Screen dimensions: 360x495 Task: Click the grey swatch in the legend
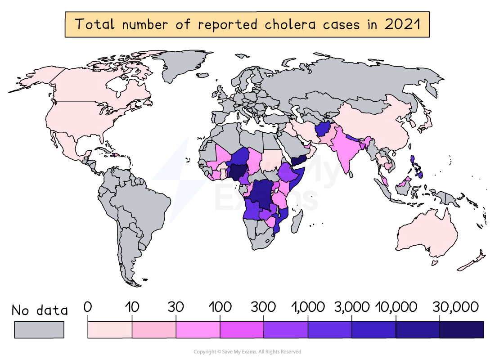[39, 329]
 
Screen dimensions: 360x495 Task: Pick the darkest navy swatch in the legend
[461, 329]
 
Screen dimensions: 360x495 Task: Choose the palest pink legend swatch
[110, 329]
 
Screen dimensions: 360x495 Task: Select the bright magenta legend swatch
[242, 329]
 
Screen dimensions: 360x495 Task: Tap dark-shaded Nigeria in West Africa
[237, 171]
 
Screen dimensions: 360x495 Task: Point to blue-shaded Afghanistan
[323, 130]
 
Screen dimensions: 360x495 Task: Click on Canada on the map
[90, 85]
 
